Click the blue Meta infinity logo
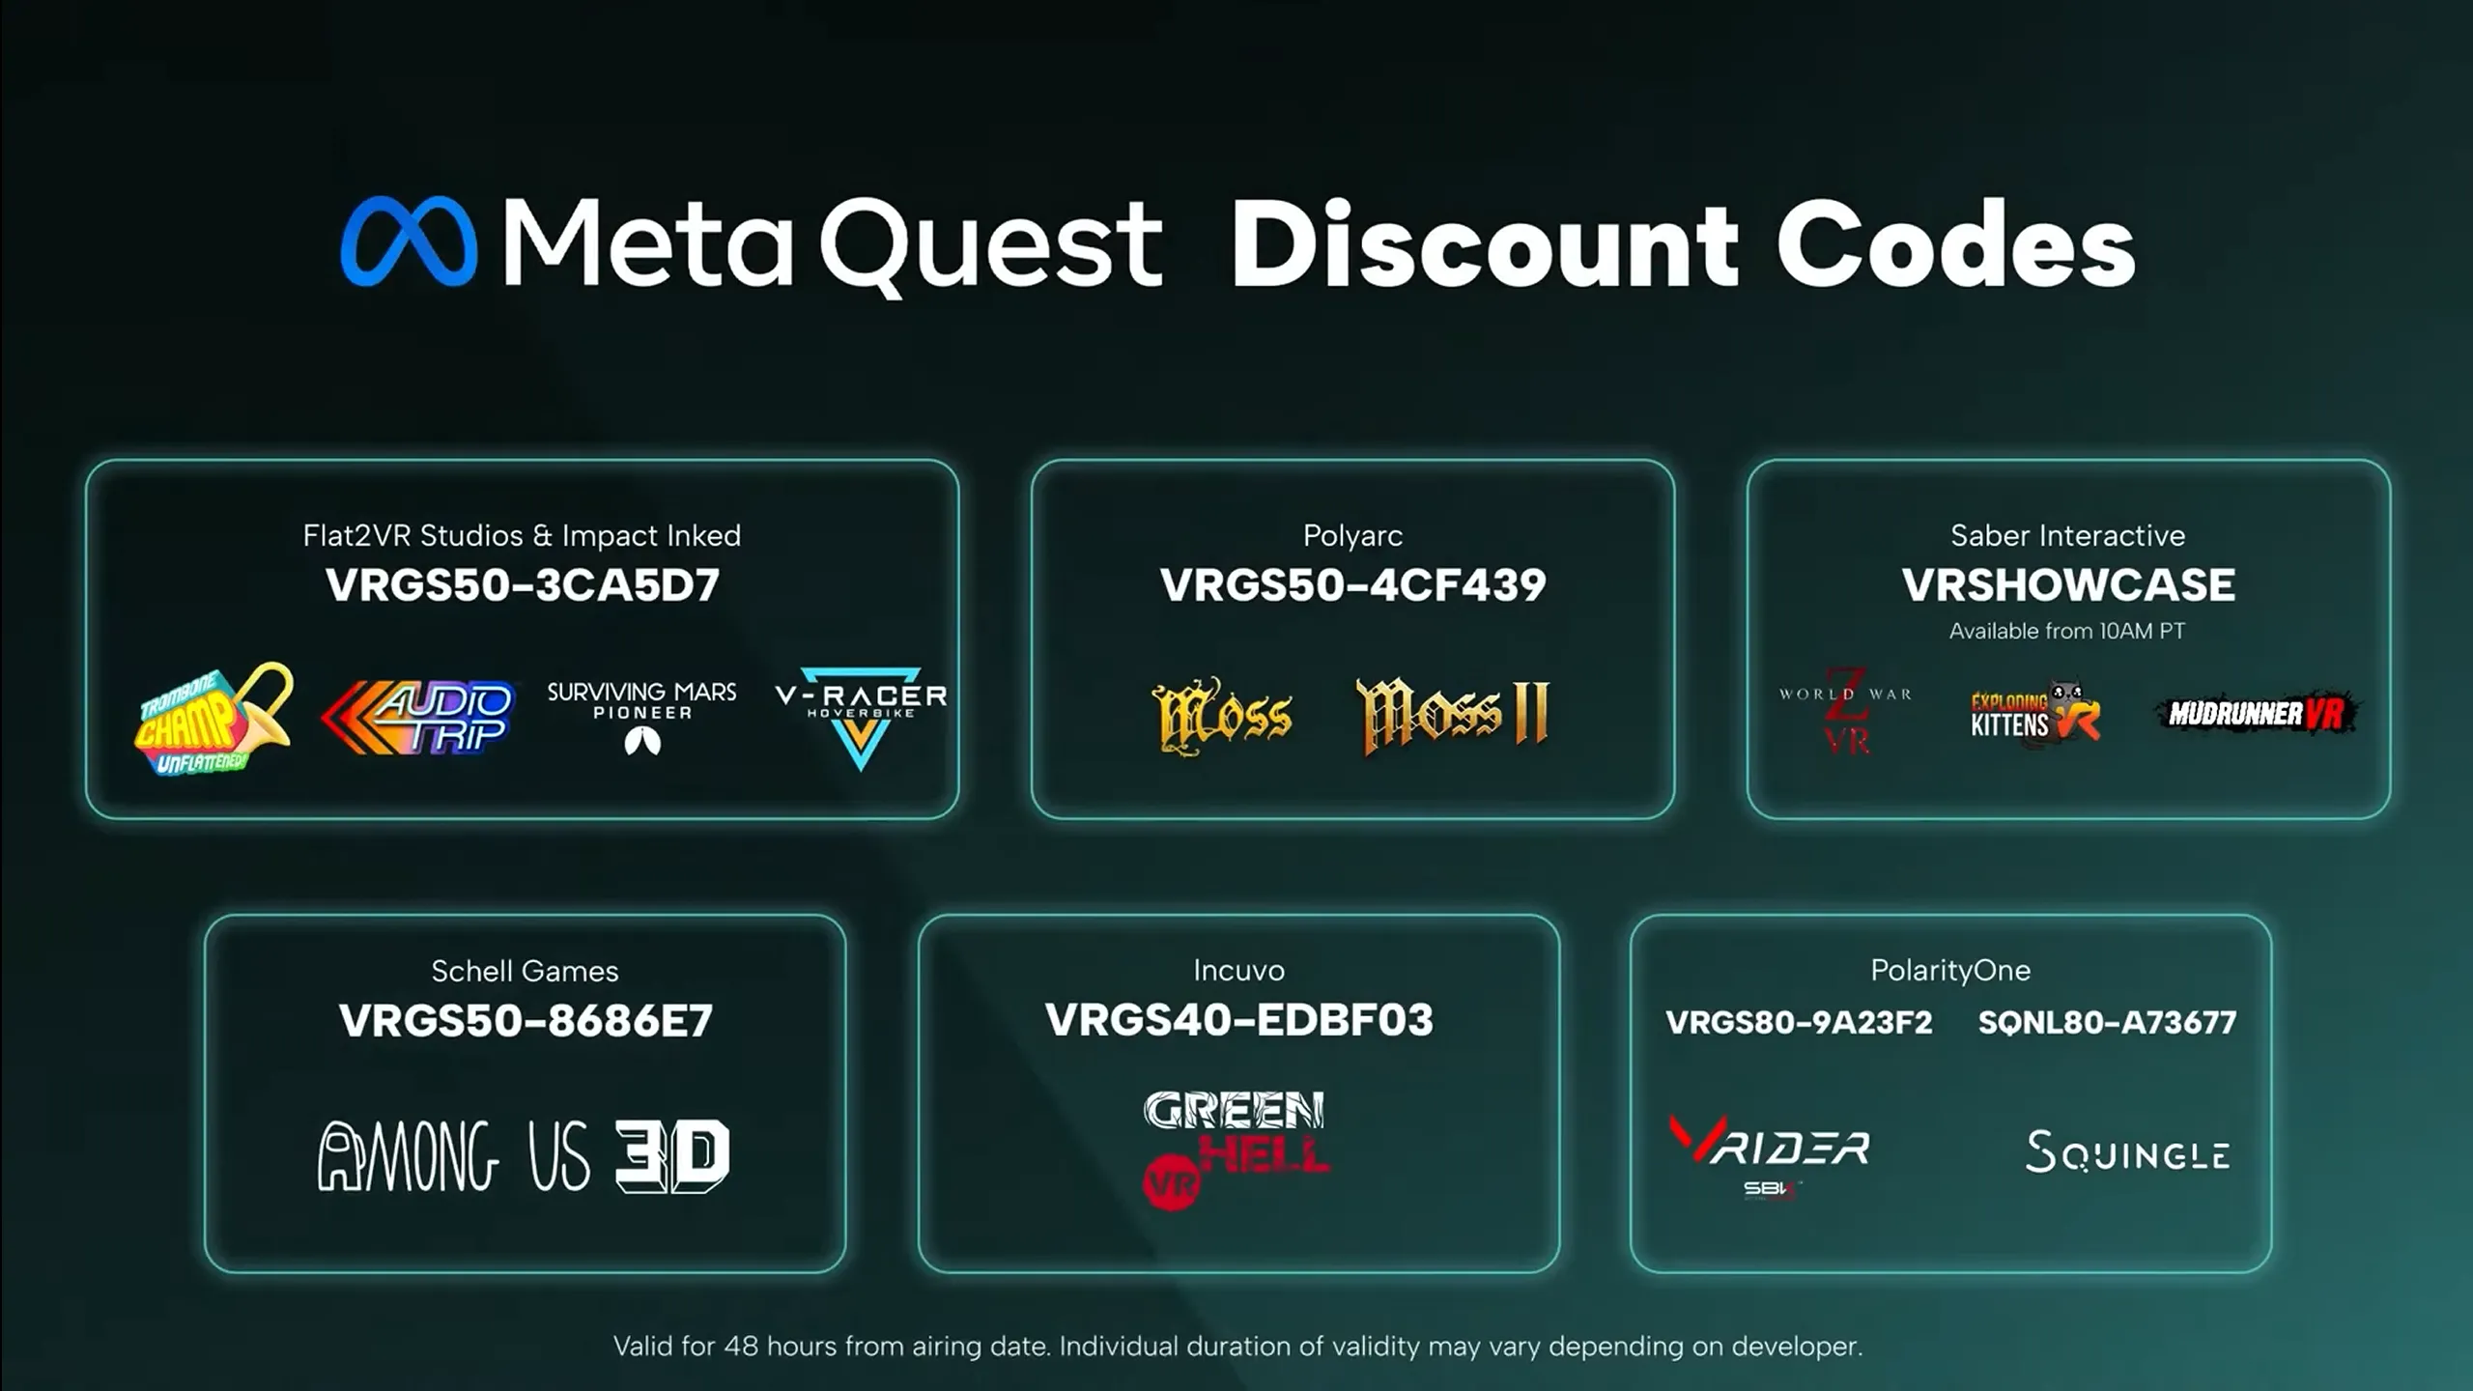click(x=409, y=241)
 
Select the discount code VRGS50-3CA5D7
click(x=523, y=585)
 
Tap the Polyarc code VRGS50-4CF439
click(x=1352, y=585)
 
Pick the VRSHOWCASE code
click(x=2068, y=585)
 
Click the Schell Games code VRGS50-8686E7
click(x=526, y=1021)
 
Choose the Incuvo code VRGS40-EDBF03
click(x=1239, y=1020)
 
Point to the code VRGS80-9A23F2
click(x=1799, y=1022)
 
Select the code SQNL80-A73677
click(x=2107, y=1022)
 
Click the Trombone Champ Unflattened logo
click(x=213, y=719)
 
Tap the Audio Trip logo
click(x=418, y=717)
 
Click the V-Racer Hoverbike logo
click(x=861, y=717)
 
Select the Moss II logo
click(x=1453, y=716)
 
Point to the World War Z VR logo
click(x=1846, y=712)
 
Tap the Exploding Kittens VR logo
click(x=2035, y=713)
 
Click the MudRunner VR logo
click(x=2257, y=714)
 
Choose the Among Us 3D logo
click(x=524, y=1156)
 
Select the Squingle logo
click(x=2127, y=1151)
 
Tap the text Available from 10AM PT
click(x=2067, y=631)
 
